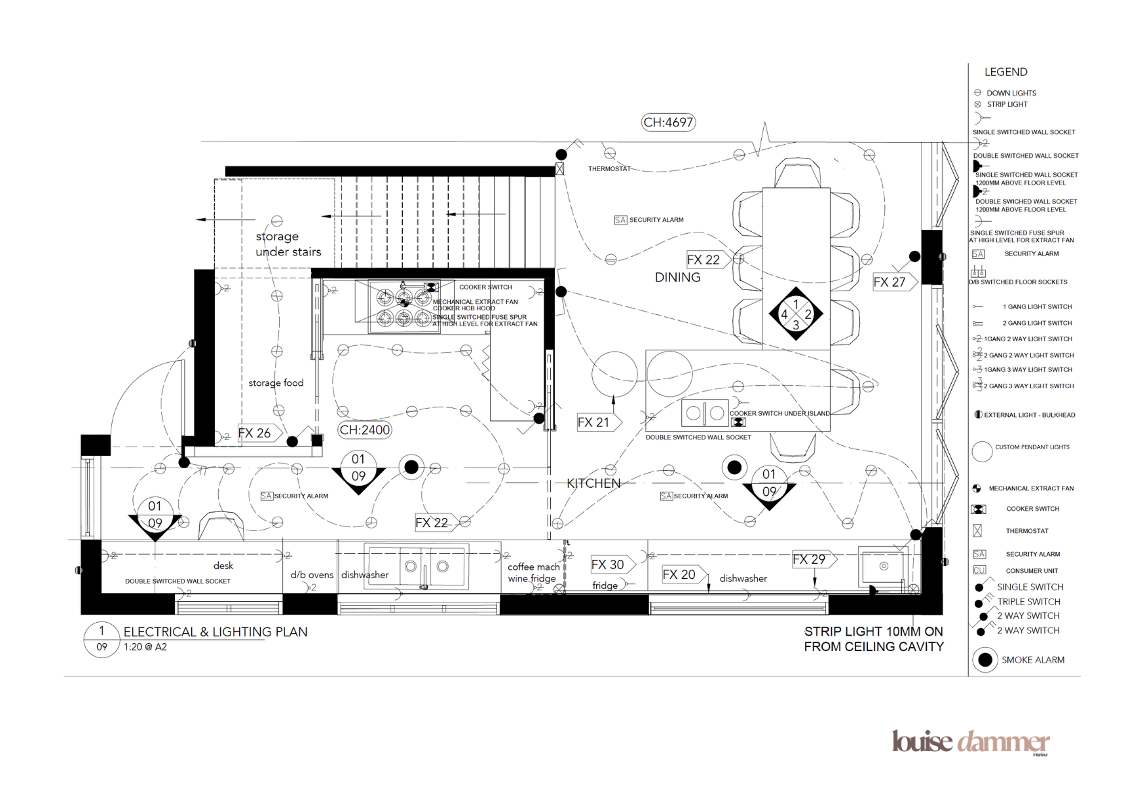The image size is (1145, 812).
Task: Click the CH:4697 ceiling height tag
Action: pyautogui.click(x=667, y=122)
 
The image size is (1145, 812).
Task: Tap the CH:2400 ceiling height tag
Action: pyautogui.click(x=364, y=430)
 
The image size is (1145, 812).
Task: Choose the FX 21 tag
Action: pyautogui.click(x=597, y=422)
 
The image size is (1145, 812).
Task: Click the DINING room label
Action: pyautogui.click(x=677, y=278)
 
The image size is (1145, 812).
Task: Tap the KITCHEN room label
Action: pyautogui.click(x=593, y=483)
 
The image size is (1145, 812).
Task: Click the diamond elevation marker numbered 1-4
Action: pyautogui.click(x=795, y=314)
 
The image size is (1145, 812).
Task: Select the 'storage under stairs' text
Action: pyautogui.click(x=288, y=244)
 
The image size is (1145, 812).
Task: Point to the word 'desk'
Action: pyautogui.click(x=223, y=566)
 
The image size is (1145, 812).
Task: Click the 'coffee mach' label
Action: pyautogui.click(x=533, y=567)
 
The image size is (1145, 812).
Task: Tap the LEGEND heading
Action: pyautogui.click(x=1005, y=72)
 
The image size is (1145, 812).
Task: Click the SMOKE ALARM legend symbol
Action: pyautogui.click(x=985, y=660)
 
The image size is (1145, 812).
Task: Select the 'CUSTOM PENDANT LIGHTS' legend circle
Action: pyautogui.click(x=982, y=451)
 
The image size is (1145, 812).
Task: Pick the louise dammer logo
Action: pyautogui.click(x=970, y=742)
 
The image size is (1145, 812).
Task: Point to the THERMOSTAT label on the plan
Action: pyautogui.click(x=609, y=169)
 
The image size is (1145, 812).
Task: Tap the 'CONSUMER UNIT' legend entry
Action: pyautogui.click(x=1032, y=571)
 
